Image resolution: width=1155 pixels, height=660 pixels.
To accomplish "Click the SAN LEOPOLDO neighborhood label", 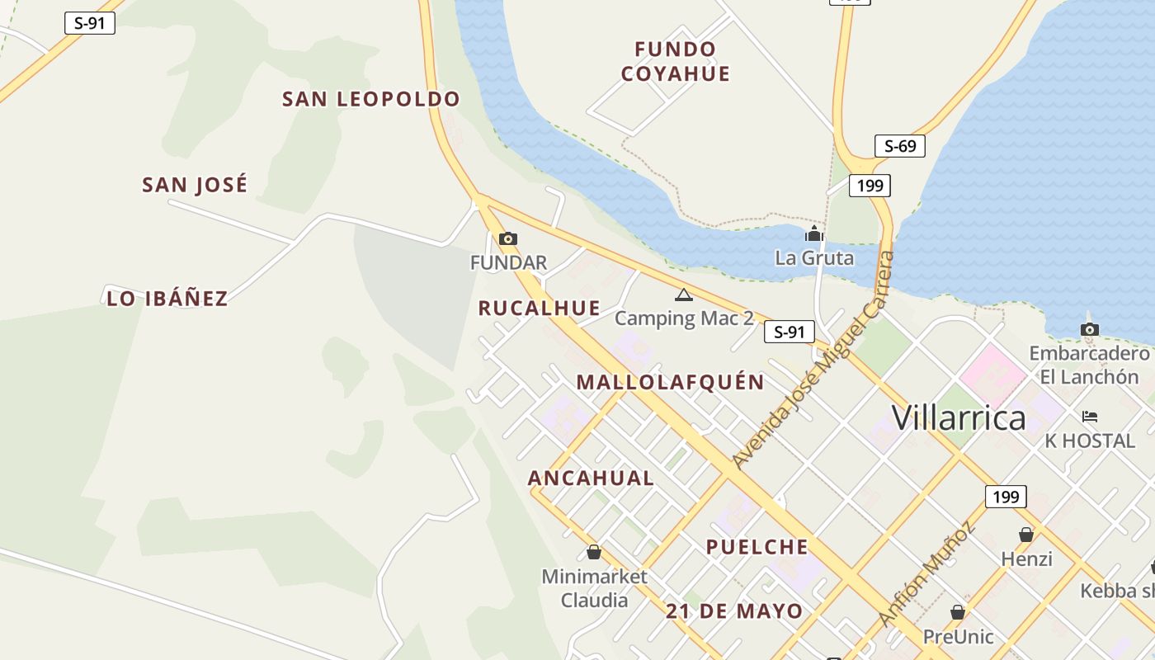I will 370,99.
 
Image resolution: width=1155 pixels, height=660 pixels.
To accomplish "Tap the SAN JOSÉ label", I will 195,185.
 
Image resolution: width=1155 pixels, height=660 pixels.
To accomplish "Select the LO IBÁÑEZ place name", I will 167,299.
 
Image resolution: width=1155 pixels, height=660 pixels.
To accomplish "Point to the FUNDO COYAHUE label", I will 676,61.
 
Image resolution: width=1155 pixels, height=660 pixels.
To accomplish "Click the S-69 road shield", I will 899,146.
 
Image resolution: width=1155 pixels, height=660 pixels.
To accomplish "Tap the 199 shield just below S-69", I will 870,185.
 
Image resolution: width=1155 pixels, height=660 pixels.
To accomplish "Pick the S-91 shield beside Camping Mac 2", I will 790,332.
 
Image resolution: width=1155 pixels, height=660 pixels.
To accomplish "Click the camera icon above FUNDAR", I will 508,239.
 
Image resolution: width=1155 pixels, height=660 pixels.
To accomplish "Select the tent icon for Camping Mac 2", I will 683,295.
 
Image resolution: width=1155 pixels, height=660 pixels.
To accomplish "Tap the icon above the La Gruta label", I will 814,234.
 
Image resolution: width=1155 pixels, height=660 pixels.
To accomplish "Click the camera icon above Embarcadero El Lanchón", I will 1089,330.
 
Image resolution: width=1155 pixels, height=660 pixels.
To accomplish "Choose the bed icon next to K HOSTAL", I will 1090,417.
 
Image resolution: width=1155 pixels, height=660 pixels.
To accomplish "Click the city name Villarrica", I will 959,418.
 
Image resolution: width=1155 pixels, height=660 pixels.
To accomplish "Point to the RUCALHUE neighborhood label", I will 540,309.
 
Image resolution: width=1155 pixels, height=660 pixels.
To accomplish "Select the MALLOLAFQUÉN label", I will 670,383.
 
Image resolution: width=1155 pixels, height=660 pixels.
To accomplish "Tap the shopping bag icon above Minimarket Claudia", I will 594,552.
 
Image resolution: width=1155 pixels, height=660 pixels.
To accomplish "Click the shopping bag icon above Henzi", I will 1026,535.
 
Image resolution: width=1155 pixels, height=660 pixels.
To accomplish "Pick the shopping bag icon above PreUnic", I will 958,612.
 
